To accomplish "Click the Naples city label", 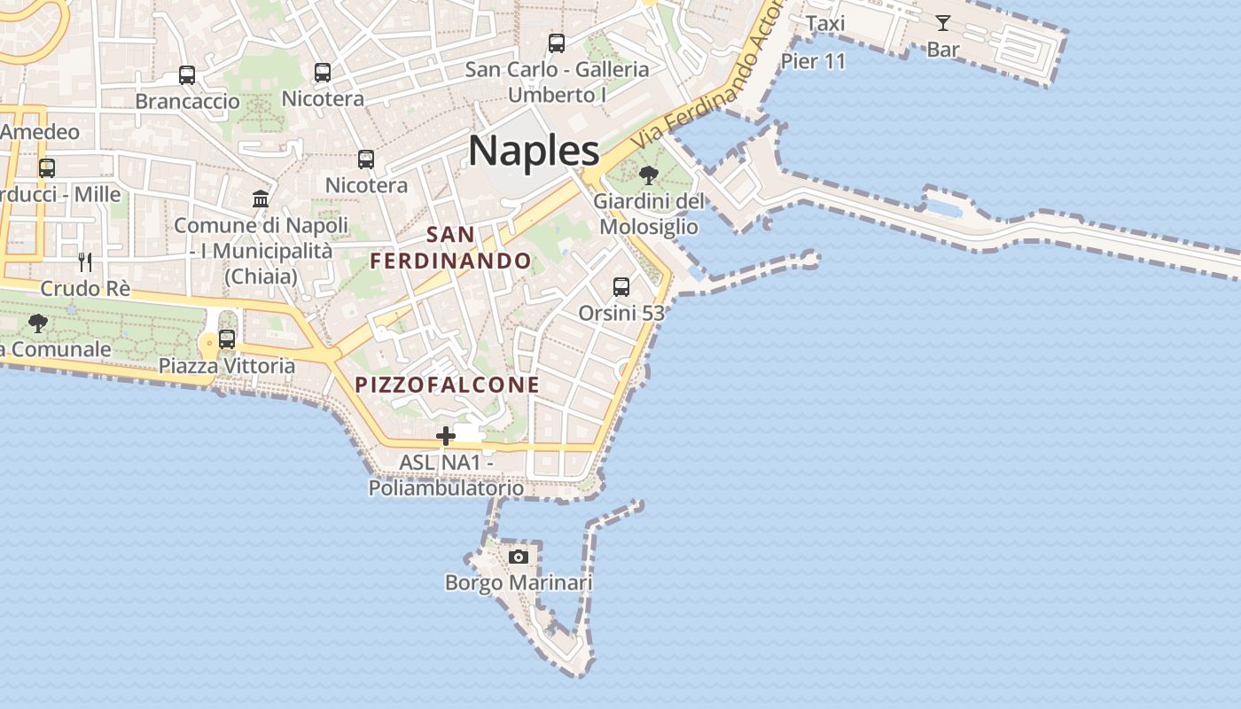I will (x=534, y=151).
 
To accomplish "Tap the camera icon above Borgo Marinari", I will (x=519, y=557).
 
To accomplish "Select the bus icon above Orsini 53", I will (x=621, y=286).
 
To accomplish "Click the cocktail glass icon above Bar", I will (x=942, y=23).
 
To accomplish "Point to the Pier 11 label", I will (x=813, y=61).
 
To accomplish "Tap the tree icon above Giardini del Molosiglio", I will (x=649, y=175).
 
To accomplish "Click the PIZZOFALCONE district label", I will (x=448, y=385).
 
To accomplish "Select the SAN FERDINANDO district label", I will (x=450, y=248).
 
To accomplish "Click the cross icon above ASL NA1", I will (x=446, y=435).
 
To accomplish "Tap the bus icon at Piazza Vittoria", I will (x=227, y=339).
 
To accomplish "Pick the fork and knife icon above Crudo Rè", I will (x=85, y=261).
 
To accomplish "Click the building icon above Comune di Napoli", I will (x=261, y=199).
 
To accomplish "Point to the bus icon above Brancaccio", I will (x=187, y=75).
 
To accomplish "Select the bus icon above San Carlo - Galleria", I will (x=557, y=43).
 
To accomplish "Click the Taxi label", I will (x=825, y=24).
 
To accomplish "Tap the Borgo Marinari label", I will (x=519, y=582).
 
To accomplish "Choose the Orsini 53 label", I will (x=621, y=313).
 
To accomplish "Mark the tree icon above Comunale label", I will (x=37, y=323).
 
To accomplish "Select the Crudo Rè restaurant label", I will (x=85, y=289).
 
